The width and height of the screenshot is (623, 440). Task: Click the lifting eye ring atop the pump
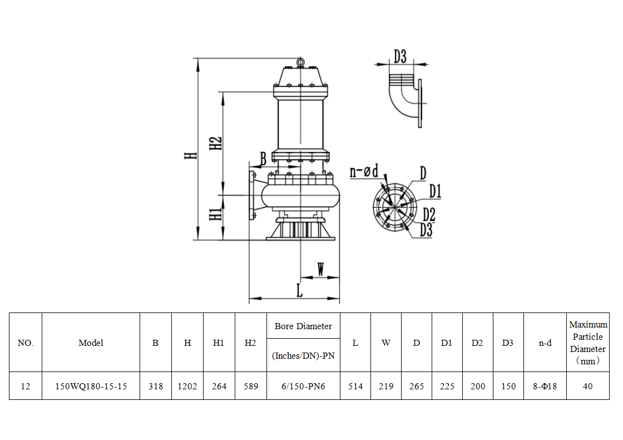[x=300, y=62]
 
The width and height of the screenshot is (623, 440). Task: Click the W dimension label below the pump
[x=321, y=270]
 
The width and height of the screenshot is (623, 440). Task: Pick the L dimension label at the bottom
[x=299, y=290]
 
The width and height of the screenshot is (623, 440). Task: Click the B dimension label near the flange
[x=263, y=159]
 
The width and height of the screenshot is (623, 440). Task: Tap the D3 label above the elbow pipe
[x=400, y=57]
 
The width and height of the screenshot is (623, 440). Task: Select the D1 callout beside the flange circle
[x=435, y=192]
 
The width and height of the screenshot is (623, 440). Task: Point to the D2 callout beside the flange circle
[x=429, y=213]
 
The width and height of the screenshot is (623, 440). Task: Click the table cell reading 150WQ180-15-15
[x=91, y=386]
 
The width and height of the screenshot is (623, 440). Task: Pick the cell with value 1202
[x=187, y=386]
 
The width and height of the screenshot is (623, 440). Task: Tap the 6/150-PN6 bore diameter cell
[x=303, y=386]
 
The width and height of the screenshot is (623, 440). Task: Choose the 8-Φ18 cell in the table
[x=545, y=386]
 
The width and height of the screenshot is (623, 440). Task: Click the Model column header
[x=91, y=343]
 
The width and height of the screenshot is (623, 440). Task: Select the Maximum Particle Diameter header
[x=588, y=343]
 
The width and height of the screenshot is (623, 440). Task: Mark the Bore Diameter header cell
[x=303, y=326]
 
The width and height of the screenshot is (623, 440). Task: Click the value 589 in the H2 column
[x=251, y=386]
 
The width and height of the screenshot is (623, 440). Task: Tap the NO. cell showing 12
[x=25, y=386]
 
